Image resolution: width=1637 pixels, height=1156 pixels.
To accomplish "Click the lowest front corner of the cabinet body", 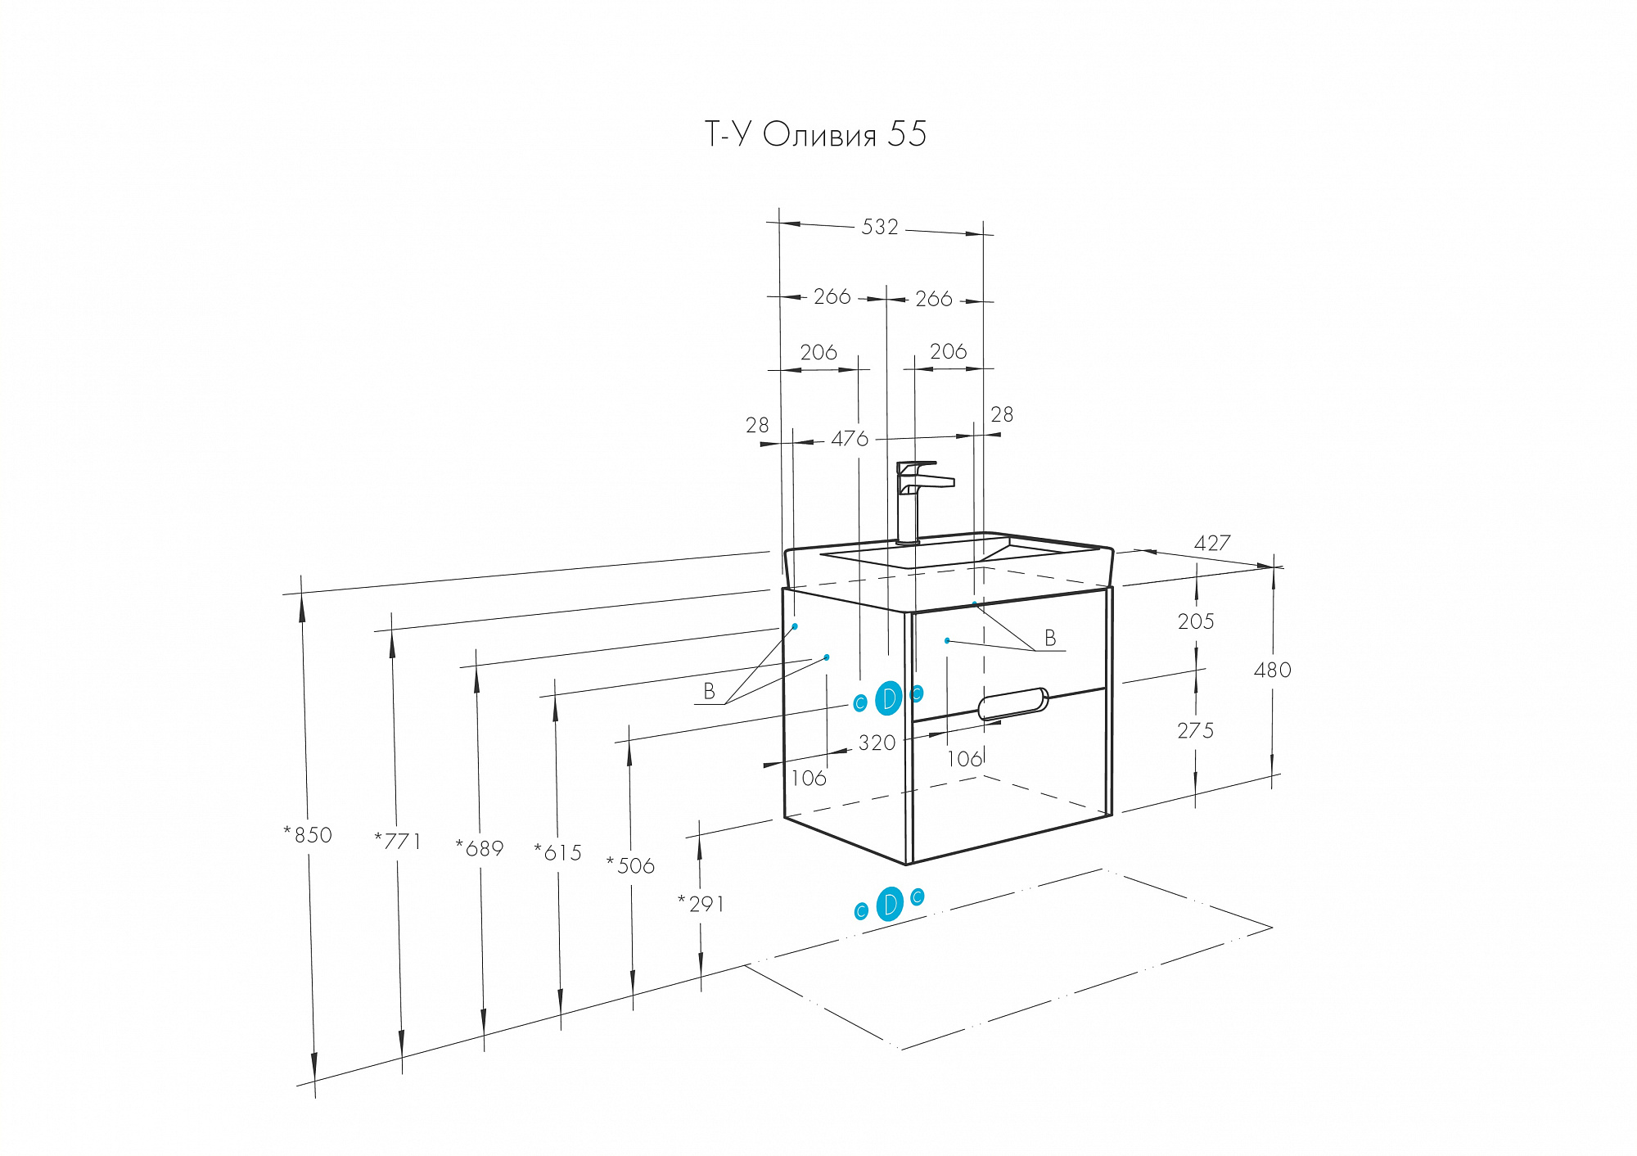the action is (907, 864).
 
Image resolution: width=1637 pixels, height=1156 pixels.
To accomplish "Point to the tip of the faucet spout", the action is (953, 483).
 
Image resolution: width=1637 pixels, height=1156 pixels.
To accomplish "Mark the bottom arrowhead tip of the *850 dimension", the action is (315, 1080).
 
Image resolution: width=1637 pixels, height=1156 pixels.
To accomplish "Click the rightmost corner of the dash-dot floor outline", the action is (1271, 928).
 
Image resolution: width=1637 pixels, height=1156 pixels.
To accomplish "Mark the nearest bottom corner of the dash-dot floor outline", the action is (900, 1049).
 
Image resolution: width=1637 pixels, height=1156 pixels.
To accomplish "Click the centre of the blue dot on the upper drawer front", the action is (947, 640).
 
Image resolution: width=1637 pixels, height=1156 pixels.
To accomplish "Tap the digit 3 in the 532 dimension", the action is (880, 227).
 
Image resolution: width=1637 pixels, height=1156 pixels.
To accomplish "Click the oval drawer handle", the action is (1013, 703).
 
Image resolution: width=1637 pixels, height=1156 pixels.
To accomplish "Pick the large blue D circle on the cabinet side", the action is (889, 698).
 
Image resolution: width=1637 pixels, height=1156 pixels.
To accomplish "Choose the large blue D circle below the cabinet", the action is (890, 904).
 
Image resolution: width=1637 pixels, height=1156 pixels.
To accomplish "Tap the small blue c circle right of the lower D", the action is (918, 896).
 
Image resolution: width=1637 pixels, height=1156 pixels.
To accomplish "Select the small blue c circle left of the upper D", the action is (859, 703).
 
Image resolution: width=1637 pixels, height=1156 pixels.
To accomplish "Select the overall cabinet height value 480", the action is (1273, 670).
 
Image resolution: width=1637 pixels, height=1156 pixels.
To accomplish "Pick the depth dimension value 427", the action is (1212, 543).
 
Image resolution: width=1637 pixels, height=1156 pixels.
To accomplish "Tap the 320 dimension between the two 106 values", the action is (877, 743).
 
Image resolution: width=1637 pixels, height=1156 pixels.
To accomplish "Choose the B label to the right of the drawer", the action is (1050, 638).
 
